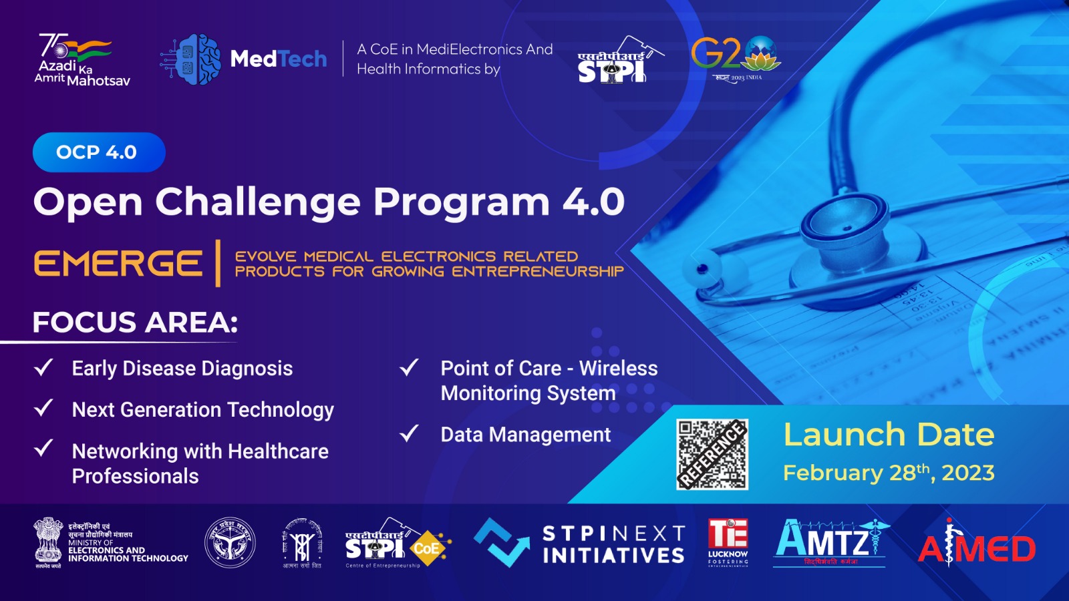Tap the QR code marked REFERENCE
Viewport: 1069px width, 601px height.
712,454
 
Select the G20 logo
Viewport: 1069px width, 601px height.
736,57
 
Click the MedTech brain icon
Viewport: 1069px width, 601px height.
193,59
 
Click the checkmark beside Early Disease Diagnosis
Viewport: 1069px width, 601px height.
43,367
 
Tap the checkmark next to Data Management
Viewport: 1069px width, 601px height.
409,434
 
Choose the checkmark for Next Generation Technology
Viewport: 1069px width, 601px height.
43,408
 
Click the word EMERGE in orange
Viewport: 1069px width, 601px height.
118,263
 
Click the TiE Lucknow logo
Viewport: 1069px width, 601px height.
728,542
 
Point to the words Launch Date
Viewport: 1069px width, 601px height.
889,435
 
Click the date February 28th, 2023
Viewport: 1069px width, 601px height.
889,473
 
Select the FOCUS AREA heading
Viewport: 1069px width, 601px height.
135,323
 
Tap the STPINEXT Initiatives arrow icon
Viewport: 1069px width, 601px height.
500,542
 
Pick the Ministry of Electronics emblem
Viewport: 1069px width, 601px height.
48,541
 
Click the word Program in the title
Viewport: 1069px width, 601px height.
461,202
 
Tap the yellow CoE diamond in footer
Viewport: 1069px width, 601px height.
427,548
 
